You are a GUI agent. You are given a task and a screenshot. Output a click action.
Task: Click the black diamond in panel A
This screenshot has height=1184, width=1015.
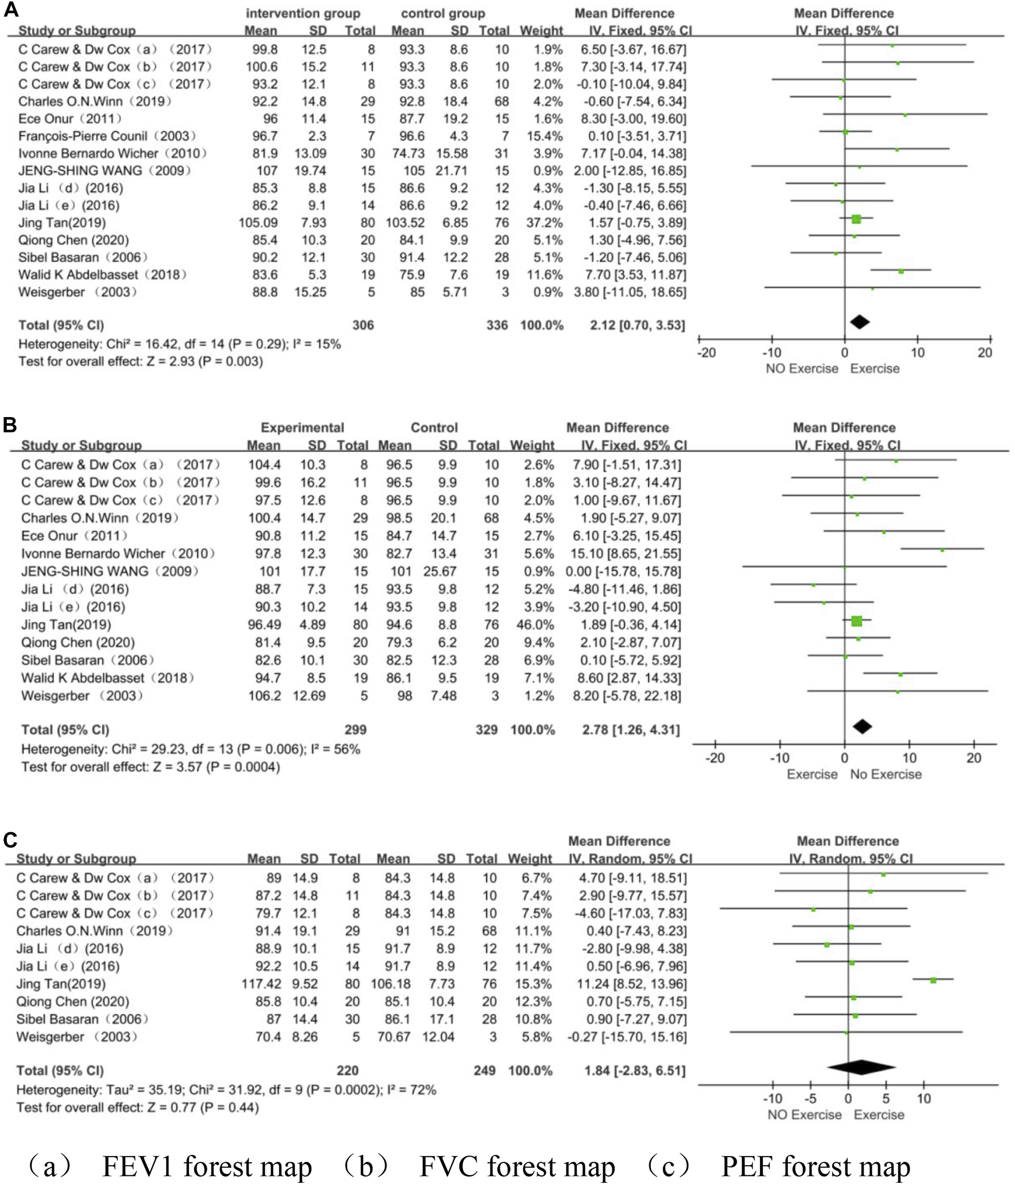(x=860, y=322)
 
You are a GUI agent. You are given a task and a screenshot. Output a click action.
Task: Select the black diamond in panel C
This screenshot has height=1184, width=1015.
(x=861, y=1067)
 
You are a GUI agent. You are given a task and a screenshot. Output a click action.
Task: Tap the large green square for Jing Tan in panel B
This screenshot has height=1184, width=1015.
(x=856, y=621)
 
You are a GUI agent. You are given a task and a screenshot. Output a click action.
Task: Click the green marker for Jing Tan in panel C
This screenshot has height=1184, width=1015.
(x=933, y=981)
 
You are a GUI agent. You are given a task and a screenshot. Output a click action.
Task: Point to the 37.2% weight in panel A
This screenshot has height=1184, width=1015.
(x=544, y=223)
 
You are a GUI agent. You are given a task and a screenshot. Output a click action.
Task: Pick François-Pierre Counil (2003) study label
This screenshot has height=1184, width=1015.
(x=107, y=136)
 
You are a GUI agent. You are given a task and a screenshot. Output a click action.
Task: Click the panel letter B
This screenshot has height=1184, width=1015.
(x=10, y=425)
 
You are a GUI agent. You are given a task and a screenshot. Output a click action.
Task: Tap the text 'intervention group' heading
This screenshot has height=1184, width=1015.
(x=303, y=13)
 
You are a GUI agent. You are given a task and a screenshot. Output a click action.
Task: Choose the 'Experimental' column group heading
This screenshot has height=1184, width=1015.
(x=302, y=427)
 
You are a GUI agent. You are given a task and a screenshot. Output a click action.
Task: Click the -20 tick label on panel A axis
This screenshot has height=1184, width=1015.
(x=706, y=353)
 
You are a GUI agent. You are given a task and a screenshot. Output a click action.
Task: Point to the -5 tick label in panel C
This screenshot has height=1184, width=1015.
(x=810, y=1098)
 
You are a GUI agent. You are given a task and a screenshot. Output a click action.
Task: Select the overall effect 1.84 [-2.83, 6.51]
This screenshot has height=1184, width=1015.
(x=634, y=1071)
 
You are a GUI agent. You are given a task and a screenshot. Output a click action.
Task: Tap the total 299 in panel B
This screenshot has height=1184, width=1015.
(x=355, y=730)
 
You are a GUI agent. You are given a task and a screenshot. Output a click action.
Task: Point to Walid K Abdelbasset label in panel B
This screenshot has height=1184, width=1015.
(x=107, y=678)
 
